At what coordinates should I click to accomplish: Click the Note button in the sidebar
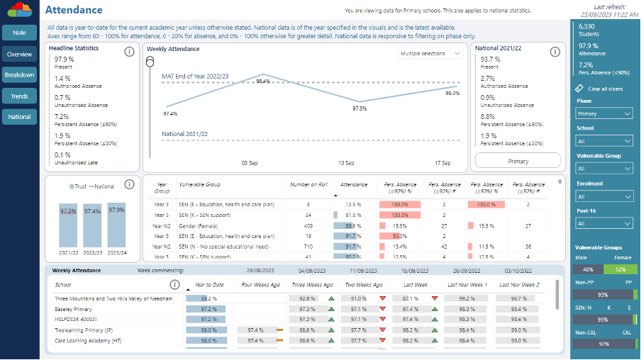[19, 33]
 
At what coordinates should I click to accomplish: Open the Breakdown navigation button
[19, 74]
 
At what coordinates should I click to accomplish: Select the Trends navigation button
[19, 96]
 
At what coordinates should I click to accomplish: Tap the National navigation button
[19, 116]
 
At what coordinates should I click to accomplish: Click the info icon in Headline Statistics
[129, 52]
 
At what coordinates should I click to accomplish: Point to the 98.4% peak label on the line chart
[262, 81]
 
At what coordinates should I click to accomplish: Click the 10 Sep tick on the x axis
[346, 162]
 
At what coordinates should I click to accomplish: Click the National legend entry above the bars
[104, 186]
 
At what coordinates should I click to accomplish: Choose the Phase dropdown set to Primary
[604, 113]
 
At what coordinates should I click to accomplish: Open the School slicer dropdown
[604, 141]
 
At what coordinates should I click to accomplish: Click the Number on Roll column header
[308, 184]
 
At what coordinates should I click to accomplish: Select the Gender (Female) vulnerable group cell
[202, 225]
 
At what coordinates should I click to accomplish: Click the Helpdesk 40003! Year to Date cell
[208, 320]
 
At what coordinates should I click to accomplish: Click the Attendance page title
[74, 10]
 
